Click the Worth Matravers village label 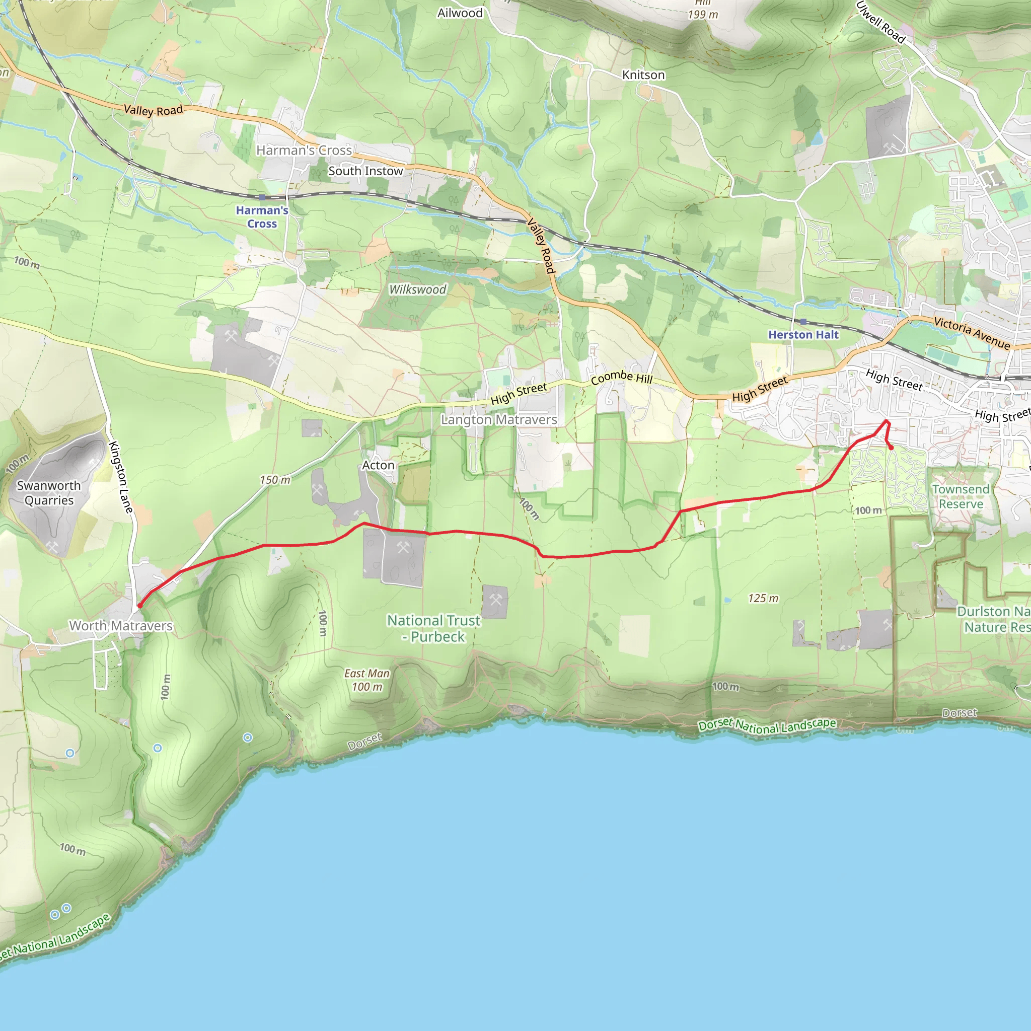click(121, 625)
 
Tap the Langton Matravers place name click(498, 420)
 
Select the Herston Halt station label click(803, 335)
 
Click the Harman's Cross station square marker click(262, 197)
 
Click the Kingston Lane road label click(121, 477)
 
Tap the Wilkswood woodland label click(417, 289)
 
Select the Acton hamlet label click(378, 465)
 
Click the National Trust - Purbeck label click(433, 628)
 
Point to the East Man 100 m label click(366, 680)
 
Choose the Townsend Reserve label click(961, 496)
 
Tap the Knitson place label click(643, 75)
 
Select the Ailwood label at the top click(460, 13)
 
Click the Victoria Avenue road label click(972, 333)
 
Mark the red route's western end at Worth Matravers click(140, 606)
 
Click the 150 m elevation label click(275, 480)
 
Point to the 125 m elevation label click(763, 598)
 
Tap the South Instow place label click(365, 171)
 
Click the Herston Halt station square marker click(803, 321)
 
